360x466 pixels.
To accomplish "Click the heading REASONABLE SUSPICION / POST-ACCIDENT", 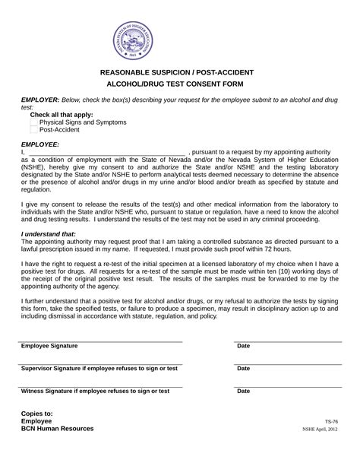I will point(177,72).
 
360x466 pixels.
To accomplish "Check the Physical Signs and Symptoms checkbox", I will point(34,122).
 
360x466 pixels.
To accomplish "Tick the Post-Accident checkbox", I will point(34,129).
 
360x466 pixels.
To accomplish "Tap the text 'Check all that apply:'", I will point(62,114).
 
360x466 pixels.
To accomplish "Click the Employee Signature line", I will point(101,341).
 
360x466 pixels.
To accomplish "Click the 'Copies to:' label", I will point(37,413).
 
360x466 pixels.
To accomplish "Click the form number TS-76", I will point(331,421).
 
